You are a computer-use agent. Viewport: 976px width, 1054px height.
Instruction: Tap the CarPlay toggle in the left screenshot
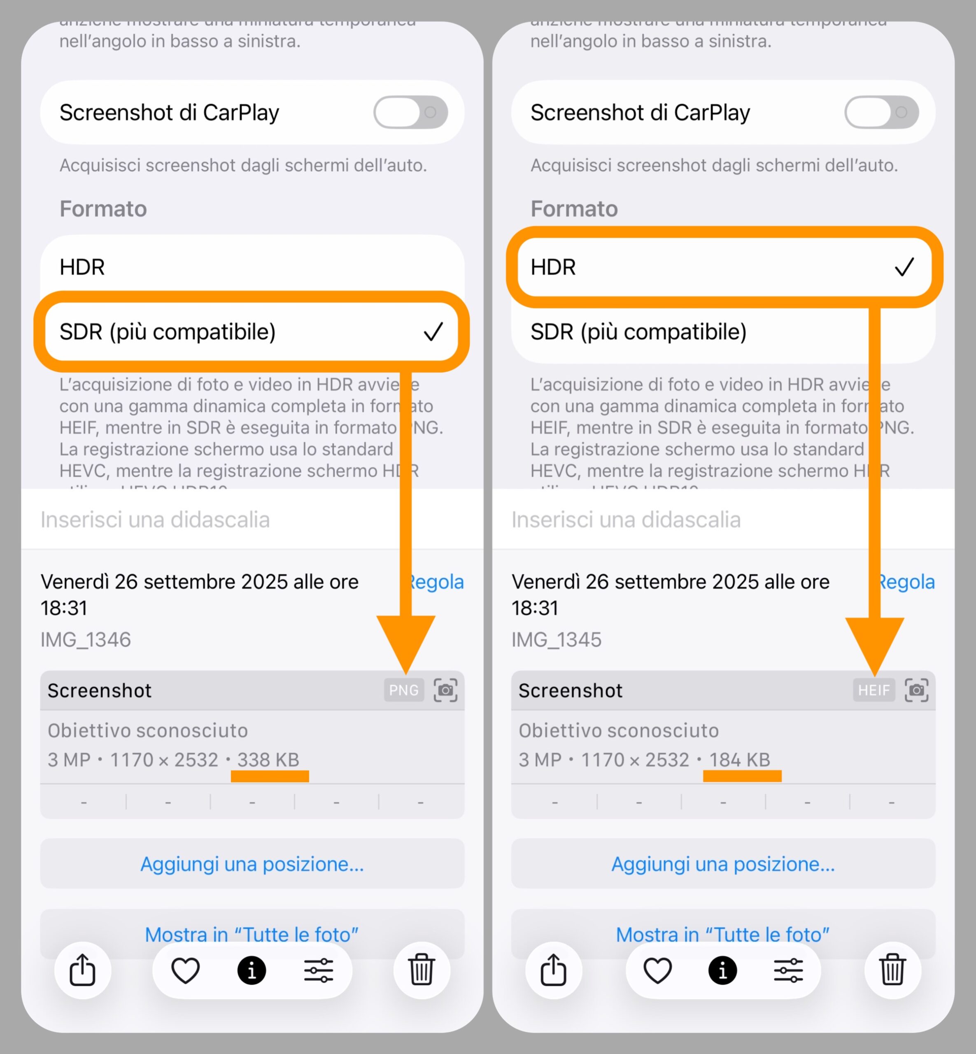coord(410,112)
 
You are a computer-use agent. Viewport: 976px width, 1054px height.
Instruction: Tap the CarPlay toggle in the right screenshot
coord(881,112)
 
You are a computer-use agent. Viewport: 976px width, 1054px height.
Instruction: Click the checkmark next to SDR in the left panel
coord(433,332)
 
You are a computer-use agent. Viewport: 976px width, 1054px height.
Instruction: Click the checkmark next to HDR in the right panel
coord(904,267)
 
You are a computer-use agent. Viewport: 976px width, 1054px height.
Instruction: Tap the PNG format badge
coord(403,690)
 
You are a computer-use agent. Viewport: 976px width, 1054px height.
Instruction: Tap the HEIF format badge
coord(874,690)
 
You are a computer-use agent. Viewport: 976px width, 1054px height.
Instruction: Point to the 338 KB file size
coord(268,760)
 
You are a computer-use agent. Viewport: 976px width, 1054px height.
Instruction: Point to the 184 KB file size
coord(739,760)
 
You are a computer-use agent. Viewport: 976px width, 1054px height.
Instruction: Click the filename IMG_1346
coord(86,640)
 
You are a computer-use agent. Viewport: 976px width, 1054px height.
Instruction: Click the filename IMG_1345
coord(557,640)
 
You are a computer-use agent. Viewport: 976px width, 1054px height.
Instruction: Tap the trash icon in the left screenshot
coord(422,970)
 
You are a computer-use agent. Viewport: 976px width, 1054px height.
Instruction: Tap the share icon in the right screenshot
coord(554,970)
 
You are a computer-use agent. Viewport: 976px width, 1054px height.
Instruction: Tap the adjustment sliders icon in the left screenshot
coord(319,970)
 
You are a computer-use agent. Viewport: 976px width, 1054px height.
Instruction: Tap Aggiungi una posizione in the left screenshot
coord(252,864)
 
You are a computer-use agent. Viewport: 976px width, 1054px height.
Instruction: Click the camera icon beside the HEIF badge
coord(916,690)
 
